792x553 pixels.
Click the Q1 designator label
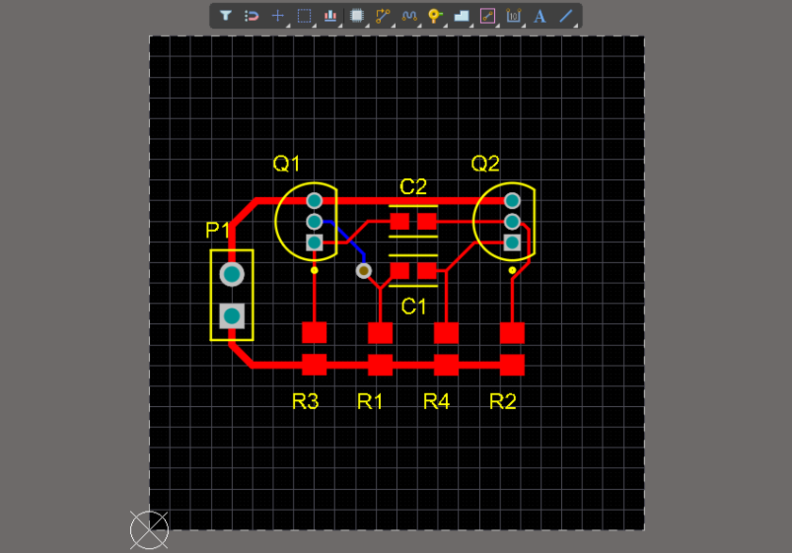(x=287, y=164)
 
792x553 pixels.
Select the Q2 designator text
(x=485, y=164)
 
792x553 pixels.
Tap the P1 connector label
(x=219, y=231)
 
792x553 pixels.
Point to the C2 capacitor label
(x=413, y=187)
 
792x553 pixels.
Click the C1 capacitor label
(x=413, y=306)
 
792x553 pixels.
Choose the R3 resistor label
(x=305, y=402)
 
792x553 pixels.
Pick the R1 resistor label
(x=371, y=402)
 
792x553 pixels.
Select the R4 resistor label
(x=437, y=402)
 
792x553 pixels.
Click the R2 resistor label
(x=503, y=402)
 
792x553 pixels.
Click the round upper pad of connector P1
(x=231, y=274)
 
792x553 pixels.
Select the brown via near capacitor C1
(x=364, y=271)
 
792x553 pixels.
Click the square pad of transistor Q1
(x=314, y=243)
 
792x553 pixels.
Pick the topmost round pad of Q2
(x=512, y=201)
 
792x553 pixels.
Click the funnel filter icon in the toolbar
(x=226, y=16)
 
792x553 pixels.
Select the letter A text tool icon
(x=540, y=16)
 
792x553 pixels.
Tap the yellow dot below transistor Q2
(x=512, y=270)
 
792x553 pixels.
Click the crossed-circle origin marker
(x=148, y=531)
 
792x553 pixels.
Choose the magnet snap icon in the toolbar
(x=252, y=16)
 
